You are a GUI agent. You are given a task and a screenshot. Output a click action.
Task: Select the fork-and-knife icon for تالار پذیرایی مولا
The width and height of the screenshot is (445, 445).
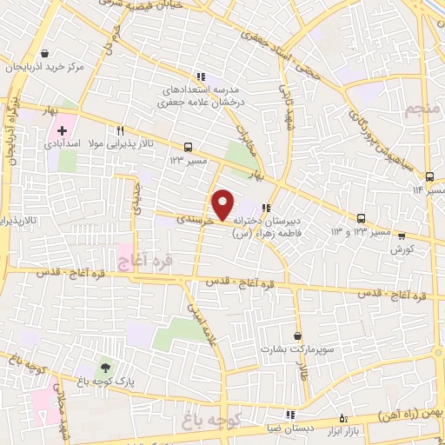click(133, 129)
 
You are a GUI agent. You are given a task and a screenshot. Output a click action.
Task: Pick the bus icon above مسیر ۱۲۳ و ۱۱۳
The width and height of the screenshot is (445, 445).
click(361, 218)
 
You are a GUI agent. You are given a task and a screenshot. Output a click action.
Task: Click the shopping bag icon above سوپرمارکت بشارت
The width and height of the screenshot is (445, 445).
click(298, 335)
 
